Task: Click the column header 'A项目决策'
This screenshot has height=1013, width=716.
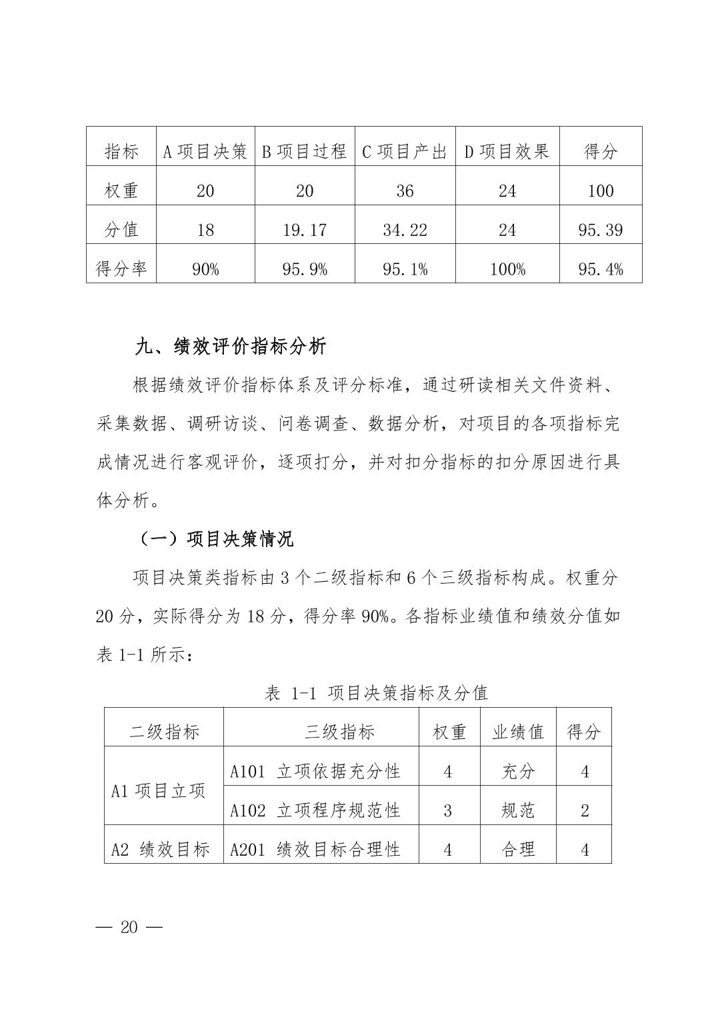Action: coord(205,151)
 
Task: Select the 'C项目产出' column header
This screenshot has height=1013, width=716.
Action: coord(404,151)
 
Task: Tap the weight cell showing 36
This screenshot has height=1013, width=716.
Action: coord(405,191)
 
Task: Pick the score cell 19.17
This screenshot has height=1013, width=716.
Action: coord(305,230)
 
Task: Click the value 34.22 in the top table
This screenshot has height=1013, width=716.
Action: coord(405,230)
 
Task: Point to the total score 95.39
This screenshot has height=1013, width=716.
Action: coord(600,230)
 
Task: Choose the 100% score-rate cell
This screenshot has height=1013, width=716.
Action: coord(507,269)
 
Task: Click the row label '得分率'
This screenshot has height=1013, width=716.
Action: coord(121,269)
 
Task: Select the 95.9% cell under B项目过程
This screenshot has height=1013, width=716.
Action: coord(305,269)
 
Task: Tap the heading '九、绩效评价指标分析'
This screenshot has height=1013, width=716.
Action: coord(231,347)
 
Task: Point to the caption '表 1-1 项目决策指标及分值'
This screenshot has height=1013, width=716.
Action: coord(376,693)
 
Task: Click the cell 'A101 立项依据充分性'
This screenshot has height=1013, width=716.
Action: coord(315,771)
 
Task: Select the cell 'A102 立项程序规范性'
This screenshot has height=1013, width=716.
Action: coord(315,810)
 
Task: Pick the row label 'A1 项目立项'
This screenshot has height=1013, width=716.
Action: coord(159,791)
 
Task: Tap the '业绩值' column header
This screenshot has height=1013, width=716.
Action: coord(518,732)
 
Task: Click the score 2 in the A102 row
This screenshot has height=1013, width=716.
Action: coord(585,810)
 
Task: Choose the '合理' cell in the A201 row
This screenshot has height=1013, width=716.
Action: coord(518,850)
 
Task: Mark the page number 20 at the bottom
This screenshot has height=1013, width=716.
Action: coord(129,927)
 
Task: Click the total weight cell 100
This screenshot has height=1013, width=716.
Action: coord(600,191)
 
